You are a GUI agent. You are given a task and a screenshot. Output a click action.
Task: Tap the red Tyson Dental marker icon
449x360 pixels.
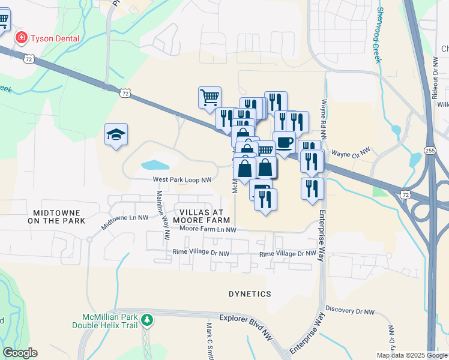coord(21,38)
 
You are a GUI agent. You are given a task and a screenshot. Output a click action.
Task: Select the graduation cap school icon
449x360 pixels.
coord(116,134)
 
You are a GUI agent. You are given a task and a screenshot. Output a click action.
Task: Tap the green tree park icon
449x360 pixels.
coord(147,321)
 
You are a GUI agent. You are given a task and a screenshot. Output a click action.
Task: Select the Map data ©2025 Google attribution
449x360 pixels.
coord(411,355)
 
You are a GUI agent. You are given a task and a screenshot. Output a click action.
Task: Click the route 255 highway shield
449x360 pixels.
coord(429,150)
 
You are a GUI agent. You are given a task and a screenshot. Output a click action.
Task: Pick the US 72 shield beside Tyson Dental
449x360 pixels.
coord(29,58)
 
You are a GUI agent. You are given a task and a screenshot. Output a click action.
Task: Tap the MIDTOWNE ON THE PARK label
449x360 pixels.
coord(59,217)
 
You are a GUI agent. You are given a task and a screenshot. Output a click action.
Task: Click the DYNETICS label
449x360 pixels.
coord(250,294)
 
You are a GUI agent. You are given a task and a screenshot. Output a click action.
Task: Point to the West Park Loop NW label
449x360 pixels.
coord(182,179)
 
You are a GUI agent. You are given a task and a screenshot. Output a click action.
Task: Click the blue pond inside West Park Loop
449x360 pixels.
coord(154,164)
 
